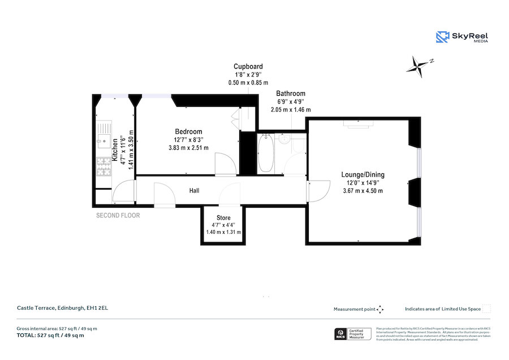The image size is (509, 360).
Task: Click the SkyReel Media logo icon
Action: point(442,37)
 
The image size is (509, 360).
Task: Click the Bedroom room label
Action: point(188,132)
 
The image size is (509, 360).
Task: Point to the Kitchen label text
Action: point(115,150)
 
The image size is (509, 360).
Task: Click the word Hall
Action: point(194,191)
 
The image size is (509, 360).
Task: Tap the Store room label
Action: point(223,218)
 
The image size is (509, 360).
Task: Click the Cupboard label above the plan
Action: point(248,67)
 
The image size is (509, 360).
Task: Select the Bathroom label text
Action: point(291,93)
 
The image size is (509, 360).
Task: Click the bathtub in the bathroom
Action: point(265,153)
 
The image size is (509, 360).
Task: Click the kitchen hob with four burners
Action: point(103,166)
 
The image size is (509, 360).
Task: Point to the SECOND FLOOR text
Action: point(118,216)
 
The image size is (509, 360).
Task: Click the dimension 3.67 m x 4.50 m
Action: point(363,191)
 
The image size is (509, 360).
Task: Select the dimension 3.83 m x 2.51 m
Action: point(188,148)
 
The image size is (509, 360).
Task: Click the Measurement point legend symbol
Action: point(380,309)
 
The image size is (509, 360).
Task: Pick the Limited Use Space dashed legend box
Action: point(486,309)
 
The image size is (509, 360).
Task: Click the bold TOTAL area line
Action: point(50,336)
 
